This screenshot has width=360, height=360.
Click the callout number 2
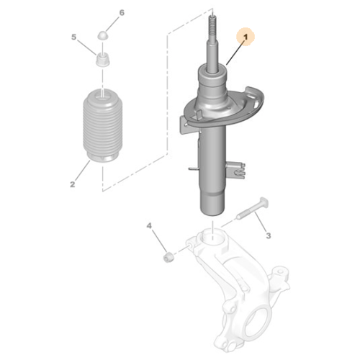(x=73, y=185)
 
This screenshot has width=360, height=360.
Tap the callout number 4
(x=150, y=227)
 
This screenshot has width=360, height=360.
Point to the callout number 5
(x=73, y=36)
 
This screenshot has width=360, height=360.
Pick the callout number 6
(x=121, y=13)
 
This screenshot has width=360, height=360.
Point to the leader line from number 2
(x=83, y=171)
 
